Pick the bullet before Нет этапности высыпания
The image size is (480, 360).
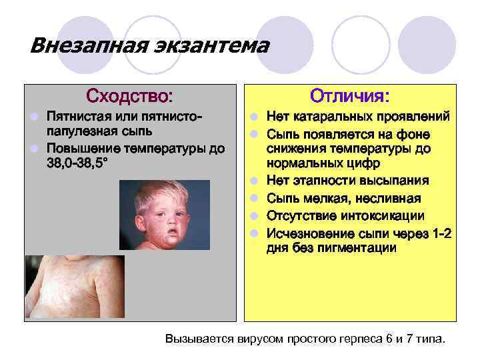[255, 181]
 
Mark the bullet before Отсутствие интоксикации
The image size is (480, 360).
[255, 215]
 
